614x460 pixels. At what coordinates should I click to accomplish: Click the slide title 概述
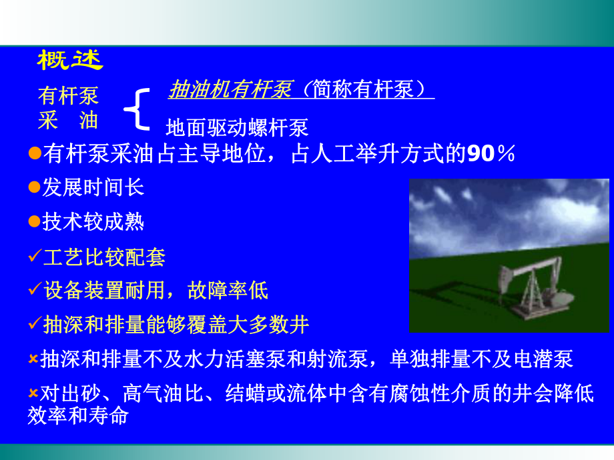coord(70,61)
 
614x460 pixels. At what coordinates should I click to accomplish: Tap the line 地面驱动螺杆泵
coord(237,126)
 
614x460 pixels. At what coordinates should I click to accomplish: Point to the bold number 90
coord(481,155)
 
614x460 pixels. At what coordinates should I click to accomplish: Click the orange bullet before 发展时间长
coord(35,187)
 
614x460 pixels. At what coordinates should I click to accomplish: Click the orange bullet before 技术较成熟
coord(35,222)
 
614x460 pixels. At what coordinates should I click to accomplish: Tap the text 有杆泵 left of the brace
coord(68,96)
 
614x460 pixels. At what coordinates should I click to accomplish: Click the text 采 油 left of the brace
coord(68,120)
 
